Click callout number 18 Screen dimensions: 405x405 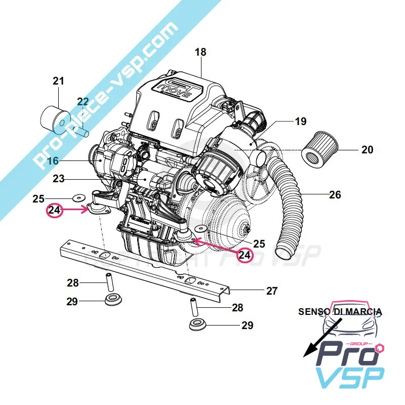click(200, 52)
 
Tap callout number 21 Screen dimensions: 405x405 click(59, 80)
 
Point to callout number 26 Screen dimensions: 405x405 click(335, 194)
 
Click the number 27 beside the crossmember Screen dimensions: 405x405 click(272, 291)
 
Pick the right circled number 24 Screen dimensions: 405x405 click(245, 255)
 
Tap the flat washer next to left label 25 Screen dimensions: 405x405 click(78, 197)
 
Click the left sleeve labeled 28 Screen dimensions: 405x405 click(108, 281)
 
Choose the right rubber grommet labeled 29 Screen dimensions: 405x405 click(197, 325)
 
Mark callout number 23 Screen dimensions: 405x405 click(59, 179)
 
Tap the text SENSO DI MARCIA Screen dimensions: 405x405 click(340, 311)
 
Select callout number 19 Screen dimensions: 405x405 click(301, 122)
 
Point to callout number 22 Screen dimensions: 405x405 click(83, 102)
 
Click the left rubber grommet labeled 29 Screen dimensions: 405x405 click(113, 301)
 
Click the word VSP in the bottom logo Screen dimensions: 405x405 click(349, 378)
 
